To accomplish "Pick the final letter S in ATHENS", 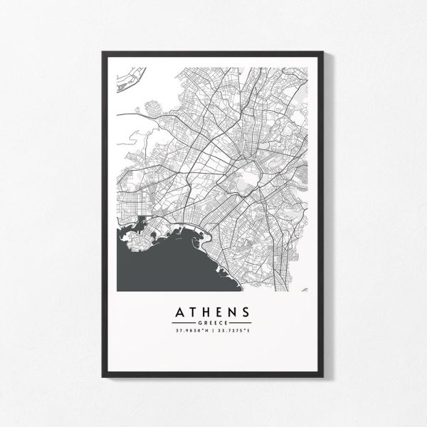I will [x=246, y=312].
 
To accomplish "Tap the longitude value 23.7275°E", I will [x=234, y=331].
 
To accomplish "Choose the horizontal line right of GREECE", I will [x=240, y=323].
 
